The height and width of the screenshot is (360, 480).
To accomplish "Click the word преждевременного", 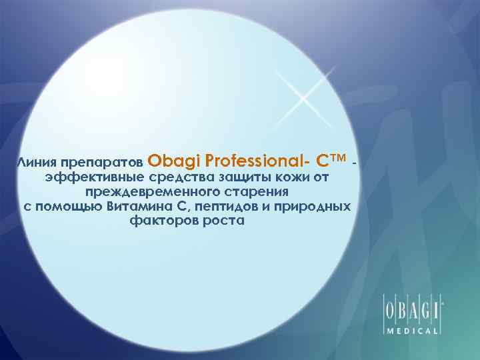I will point(150,192).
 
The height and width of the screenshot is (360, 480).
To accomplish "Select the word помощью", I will point(69,207).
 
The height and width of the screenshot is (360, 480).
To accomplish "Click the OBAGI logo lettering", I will point(411,311).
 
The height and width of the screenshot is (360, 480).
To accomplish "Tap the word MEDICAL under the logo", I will point(411,331).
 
